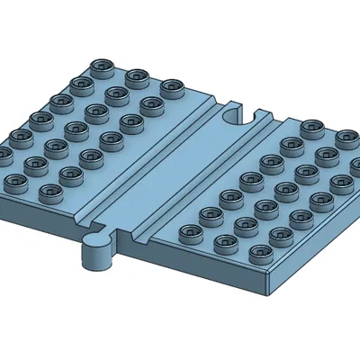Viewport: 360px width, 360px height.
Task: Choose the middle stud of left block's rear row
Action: coord(136,77)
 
